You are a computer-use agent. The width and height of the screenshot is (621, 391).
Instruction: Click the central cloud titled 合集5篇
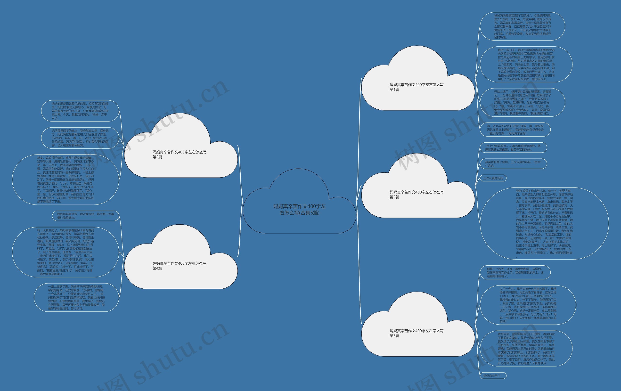point(299,209)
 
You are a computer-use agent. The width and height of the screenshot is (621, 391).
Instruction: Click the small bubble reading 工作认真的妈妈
point(493,178)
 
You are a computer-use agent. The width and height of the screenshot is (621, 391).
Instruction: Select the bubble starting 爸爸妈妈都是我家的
point(523,26)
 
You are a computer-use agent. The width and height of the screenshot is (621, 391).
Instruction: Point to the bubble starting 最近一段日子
point(526,65)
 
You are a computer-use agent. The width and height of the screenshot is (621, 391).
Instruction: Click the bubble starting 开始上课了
point(523,102)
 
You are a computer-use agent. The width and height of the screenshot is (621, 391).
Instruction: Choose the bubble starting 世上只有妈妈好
point(513,147)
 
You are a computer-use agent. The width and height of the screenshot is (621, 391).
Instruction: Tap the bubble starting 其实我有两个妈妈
point(513,164)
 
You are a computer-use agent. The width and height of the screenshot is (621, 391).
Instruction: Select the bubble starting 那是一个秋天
point(515,272)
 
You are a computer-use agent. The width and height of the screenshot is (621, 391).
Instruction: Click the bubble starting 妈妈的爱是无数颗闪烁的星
point(80,111)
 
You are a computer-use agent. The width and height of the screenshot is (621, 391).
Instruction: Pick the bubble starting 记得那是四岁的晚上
point(80,138)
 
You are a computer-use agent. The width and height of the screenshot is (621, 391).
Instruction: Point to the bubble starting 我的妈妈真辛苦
point(85,216)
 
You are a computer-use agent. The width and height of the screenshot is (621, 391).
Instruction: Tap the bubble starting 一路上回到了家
point(76,297)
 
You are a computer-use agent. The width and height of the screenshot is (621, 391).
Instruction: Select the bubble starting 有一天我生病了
point(65,252)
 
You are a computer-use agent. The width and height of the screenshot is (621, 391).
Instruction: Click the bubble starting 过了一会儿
point(528,305)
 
